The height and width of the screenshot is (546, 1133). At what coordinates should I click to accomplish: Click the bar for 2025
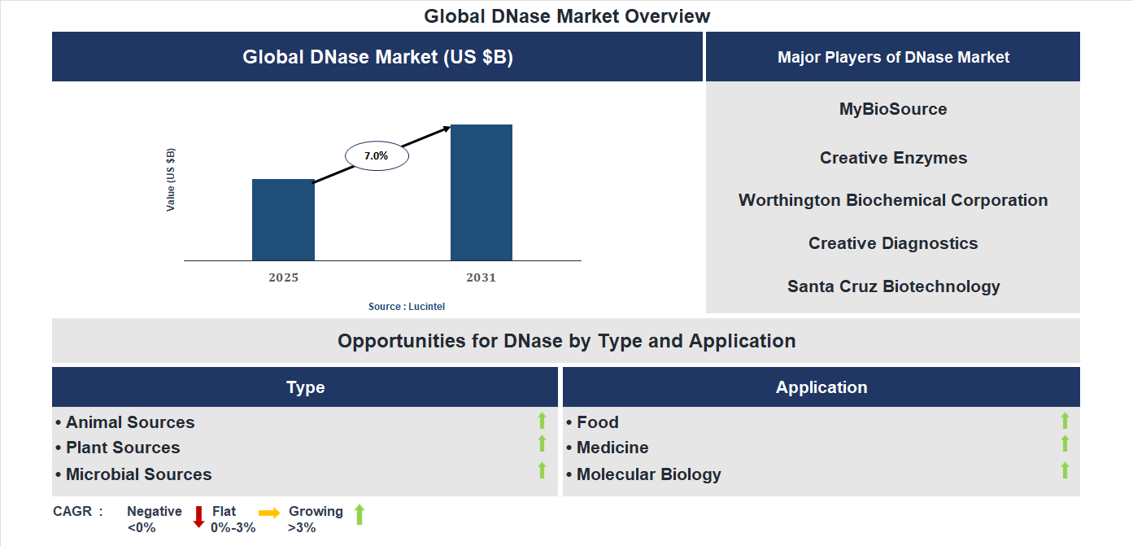(x=283, y=220)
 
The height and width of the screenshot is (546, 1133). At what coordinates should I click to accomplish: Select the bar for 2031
(x=482, y=193)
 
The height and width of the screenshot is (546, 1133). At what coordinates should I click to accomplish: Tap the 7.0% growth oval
(x=377, y=155)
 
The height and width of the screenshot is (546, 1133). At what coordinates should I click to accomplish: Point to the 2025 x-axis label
(x=284, y=277)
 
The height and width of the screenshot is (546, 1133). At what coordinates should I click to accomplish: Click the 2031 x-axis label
(x=481, y=277)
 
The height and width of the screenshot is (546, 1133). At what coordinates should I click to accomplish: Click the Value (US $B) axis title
(x=171, y=180)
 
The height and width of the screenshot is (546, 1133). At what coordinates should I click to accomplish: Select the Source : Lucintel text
(x=407, y=307)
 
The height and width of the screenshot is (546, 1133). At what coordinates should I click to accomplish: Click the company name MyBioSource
(x=893, y=109)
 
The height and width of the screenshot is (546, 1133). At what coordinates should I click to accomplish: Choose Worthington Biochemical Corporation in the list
(x=893, y=200)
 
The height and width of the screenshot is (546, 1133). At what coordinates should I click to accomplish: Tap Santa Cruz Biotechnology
(x=893, y=286)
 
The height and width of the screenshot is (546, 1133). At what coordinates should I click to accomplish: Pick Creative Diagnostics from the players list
(x=893, y=243)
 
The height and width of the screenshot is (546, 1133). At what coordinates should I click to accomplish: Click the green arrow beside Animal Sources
(x=542, y=421)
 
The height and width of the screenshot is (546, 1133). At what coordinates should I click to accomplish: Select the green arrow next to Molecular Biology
(x=1065, y=470)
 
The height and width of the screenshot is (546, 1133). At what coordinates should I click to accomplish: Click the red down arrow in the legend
(x=198, y=517)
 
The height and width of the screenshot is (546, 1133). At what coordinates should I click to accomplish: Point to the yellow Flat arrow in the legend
(x=269, y=513)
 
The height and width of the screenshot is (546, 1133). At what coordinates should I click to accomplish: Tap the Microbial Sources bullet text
(x=138, y=474)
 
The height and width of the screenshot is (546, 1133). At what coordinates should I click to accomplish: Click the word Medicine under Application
(x=612, y=448)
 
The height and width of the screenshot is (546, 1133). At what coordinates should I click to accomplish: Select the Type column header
(x=305, y=387)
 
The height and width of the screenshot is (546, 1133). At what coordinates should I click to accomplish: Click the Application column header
(x=821, y=387)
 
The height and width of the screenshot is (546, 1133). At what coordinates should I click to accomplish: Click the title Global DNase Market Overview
(x=567, y=16)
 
